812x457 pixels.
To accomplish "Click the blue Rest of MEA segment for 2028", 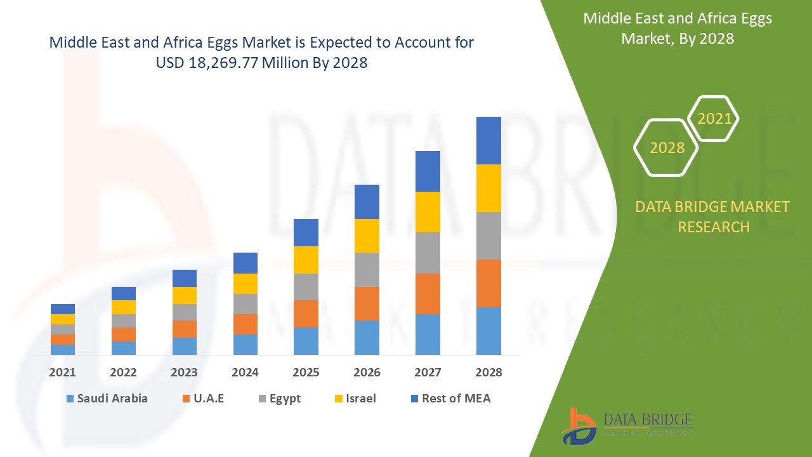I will tap(488, 140).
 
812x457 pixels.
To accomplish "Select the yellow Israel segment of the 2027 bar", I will tap(428, 211).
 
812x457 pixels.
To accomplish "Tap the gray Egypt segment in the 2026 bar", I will tap(367, 269).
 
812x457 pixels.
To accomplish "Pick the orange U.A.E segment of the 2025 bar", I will tap(306, 314).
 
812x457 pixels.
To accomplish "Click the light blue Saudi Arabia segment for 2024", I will tap(246, 344).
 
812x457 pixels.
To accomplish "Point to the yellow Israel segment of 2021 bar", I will tap(63, 319).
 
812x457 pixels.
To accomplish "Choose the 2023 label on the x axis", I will tap(184, 373).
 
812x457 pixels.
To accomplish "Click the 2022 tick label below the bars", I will tap(123, 373).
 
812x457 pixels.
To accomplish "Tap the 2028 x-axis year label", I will tap(488, 373).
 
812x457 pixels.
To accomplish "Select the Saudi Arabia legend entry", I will tap(107, 399).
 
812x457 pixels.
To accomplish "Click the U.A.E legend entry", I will tap(203, 399).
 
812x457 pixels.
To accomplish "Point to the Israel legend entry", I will tap(355, 399).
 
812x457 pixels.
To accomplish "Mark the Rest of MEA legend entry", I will tap(450, 399).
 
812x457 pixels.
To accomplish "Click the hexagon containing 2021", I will tap(714, 119).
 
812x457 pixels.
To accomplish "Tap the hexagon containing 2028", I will tap(667, 148).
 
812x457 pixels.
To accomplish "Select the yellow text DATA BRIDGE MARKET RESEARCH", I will tap(713, 216).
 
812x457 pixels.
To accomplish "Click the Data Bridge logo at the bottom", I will tap(627, 425).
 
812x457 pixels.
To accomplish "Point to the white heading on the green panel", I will tap(678, 29).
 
